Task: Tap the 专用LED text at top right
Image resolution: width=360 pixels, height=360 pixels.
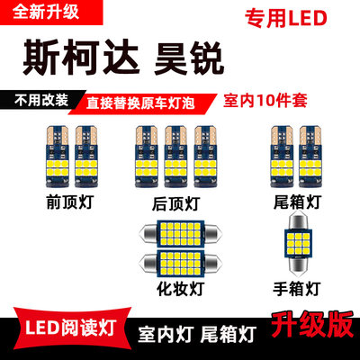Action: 285,19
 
